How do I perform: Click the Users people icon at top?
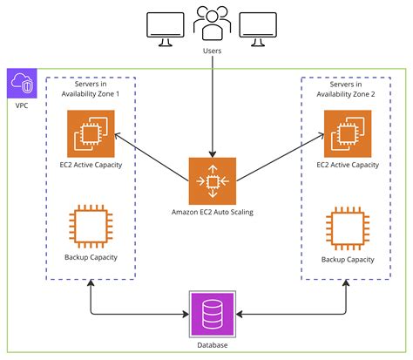click(x=213, y=24)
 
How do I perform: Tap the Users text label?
click(x=213, y=51)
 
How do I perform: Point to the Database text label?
click(x=213, y=345)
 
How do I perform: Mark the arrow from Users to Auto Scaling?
click(x=213, y=105)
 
